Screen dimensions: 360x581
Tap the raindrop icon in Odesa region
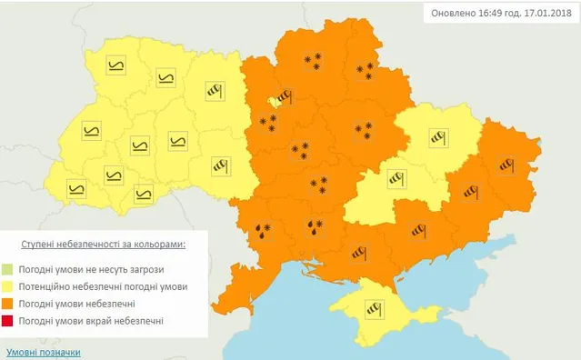[263, 230]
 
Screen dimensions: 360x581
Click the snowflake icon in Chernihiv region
[314, 61]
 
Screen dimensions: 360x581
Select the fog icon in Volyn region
[115, 65]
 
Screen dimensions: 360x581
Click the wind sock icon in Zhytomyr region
[215, 92]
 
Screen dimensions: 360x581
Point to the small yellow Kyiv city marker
[272, 102]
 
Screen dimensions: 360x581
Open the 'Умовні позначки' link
[43, 352]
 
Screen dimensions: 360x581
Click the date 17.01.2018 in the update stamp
[540, 15]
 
